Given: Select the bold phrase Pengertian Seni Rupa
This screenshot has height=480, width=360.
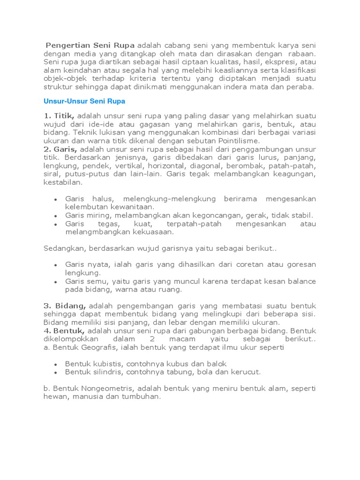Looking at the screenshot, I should tap(90, 45).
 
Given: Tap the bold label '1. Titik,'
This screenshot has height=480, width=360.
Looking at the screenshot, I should tap(60, 115).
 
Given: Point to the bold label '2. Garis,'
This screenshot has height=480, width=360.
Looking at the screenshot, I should tap(61, 149).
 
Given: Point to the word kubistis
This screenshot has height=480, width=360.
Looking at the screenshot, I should tap(103, 364).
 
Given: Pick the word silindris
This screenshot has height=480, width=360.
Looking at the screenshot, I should tap(104, 372).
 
